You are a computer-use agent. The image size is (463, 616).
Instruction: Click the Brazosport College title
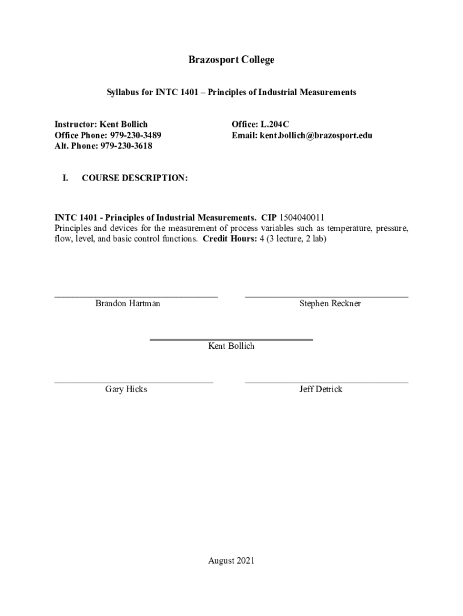tap(231, 60)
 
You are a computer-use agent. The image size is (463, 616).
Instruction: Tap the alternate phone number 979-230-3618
tap(122, 146)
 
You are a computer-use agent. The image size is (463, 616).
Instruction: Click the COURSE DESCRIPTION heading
tap(135, 178)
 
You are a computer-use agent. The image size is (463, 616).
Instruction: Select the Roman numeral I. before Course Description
tap(65, 178)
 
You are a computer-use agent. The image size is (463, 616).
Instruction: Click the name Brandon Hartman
tap(127, 304)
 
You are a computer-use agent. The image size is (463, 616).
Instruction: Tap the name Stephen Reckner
tap(330, 304)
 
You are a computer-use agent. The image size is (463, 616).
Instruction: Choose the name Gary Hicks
tap(126, 389)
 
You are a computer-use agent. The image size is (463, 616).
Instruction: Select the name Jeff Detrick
tap(321, 389)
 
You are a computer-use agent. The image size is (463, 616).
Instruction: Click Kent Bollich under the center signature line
tap(231, 346)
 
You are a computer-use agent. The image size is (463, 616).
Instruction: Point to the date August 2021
tap(231, 561)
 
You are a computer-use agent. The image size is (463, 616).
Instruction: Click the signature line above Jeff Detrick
tap(327, 382)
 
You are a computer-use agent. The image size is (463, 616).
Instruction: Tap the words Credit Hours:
tap(225, 239)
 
